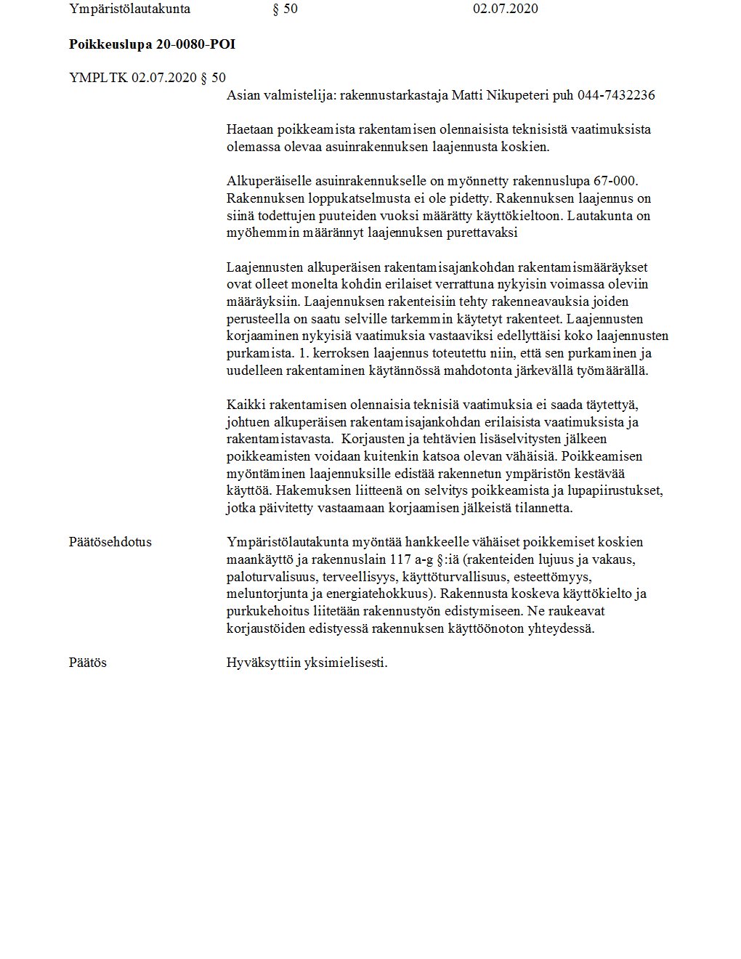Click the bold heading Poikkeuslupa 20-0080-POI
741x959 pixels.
point(152,44)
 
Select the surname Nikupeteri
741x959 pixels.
point(520,95)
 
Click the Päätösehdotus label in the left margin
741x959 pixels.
point(110,542)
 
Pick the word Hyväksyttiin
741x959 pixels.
point(261,663)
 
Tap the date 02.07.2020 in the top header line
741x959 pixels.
point(505,9)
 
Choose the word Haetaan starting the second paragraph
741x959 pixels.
point(250,129)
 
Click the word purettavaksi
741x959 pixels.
point(475,233)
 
